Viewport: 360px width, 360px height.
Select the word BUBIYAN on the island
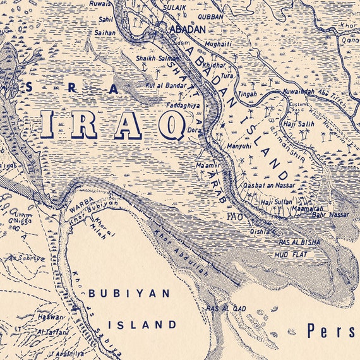pyautogui.click(x=129, y=294)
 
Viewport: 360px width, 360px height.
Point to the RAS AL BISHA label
pyautogui.click(x=299, y=242)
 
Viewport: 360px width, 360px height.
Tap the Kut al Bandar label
pyautogui.click(x=164, y=85)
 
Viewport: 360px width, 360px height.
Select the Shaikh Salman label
pyautogui.click(x=155, y=58)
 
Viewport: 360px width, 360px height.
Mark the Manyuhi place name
pyautogui.click(x=239, y=147)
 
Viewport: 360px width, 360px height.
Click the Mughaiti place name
pyautogui.click(x=218, y=43)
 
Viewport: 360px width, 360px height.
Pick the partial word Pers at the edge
pyautogui.click(x=332, y=330)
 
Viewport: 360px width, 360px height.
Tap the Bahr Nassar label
pyautogui.click(x=334, y=215)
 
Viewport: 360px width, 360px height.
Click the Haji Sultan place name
pyautogui.click(x=274, y=202)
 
